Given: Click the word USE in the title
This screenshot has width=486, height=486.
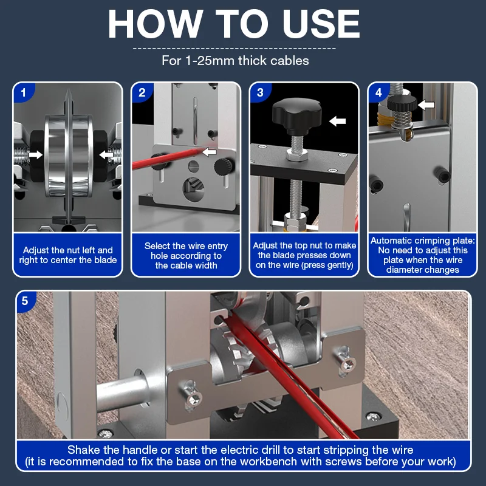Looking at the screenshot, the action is coord(321,24).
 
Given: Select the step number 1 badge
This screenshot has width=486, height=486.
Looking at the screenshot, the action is coord(23,92).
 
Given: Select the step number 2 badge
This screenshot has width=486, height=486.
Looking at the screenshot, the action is coord(142,92).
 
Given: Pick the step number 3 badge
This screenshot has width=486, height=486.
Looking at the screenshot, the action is coord(261,92).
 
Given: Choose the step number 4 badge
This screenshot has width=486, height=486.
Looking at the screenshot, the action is coord(378,92).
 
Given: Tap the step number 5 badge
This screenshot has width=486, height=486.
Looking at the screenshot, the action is coord(25,301).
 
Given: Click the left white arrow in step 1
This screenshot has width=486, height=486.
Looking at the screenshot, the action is coord(36,154).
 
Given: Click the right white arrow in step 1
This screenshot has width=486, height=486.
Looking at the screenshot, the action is coord(106,154).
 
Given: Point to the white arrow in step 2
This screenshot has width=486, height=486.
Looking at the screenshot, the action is coord(209,151).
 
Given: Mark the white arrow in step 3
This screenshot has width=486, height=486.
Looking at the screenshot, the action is coord(337,121).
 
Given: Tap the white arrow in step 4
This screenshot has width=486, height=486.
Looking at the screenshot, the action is coord(426,104).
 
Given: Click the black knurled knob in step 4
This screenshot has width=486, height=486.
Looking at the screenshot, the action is coord(402,103).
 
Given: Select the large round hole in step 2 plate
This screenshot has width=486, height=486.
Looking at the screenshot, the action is coord(193,189).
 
